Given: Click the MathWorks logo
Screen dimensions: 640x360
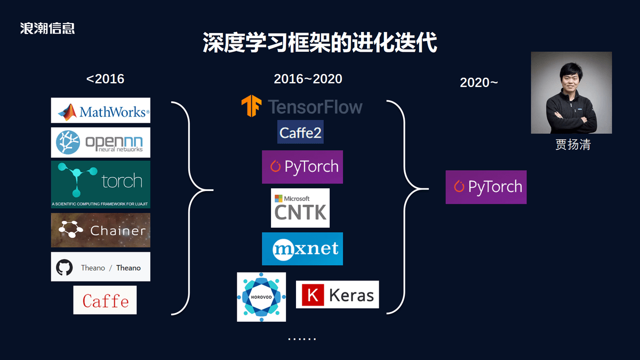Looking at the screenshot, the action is point(101,110).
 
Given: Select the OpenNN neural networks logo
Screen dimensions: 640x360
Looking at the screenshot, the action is point(101,142).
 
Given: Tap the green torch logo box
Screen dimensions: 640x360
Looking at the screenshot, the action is point(101,185).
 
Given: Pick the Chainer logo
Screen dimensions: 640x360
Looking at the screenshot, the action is point(101,230).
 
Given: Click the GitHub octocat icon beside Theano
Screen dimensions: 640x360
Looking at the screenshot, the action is point(65,267).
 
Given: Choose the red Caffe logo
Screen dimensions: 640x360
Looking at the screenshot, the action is point(105,300).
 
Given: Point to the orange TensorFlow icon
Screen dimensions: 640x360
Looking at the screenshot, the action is point(251,106).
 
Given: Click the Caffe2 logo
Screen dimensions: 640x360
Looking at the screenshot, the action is point(300,132).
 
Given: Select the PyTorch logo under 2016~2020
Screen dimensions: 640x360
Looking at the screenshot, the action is point(302,167).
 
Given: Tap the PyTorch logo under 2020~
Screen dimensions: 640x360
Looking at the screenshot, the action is point(486,187).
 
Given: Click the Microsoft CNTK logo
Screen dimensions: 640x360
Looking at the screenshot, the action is point(300,207).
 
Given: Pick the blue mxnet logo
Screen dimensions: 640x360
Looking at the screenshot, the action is point(302,249).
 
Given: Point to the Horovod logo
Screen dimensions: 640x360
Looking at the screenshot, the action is point(261,297).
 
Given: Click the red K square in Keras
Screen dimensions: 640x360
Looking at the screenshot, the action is point(313,295).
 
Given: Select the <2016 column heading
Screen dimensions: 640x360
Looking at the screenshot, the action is point(105,79).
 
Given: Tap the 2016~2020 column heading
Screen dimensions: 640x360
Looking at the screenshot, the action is point(308,79).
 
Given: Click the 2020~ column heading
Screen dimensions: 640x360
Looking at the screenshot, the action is point(479,83).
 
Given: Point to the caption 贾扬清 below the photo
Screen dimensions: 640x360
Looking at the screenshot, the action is point(573,145).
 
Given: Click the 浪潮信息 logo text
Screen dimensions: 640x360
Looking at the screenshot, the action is point(47,28).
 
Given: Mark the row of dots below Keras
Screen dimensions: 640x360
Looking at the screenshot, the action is point(302,339).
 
